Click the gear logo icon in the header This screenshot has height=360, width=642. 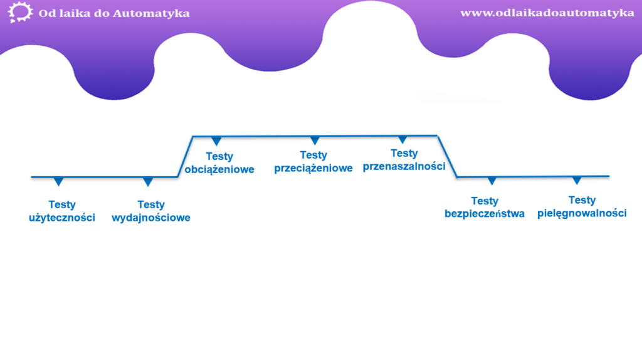click(21, 13)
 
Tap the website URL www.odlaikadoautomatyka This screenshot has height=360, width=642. click(547, 13)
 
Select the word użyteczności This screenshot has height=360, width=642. click(62, 218)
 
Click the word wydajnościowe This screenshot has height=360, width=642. click(150, 218)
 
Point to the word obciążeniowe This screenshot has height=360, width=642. click(219, 169)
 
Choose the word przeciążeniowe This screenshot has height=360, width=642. click(313, 168)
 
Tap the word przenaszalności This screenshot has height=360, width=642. click(404, 166)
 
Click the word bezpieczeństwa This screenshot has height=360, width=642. click(484, 214)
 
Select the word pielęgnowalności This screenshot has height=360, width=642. click(582, 213)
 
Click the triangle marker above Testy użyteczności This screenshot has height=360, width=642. click(58, 181)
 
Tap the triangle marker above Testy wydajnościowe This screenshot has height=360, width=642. click(148, 182)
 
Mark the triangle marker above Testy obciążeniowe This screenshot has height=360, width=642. click(217, 141)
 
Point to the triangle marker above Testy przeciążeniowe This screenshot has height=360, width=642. click(315, 140)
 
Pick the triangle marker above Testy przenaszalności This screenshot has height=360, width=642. click(403, 139)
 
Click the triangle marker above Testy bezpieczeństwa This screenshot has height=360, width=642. click(492, 181)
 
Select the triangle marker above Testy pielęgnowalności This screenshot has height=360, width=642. click(577, 180)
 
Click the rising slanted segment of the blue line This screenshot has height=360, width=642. click(186, 157)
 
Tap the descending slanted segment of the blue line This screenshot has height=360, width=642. click(447, 157)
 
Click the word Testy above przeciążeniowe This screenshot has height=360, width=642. click(313, 155)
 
